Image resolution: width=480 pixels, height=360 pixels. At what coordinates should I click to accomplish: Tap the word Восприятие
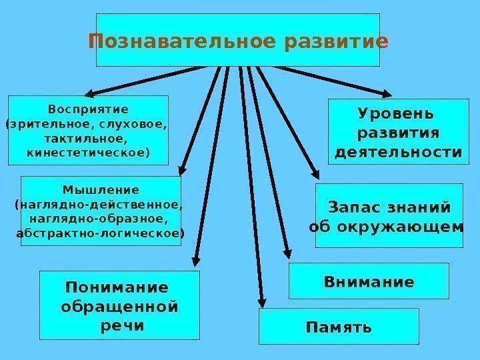click(x=88, y=108)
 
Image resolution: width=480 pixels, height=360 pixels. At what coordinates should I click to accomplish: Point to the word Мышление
click(x=101, y=189)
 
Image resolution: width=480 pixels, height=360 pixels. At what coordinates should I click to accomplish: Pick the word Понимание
click(x=117, y=288)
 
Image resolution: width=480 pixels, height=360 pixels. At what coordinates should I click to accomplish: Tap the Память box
click(x=339, y=327)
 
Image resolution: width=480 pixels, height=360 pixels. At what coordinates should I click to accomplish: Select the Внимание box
click(x=369, y=281)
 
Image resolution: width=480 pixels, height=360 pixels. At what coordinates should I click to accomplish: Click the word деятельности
click(x=397, y=152)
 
